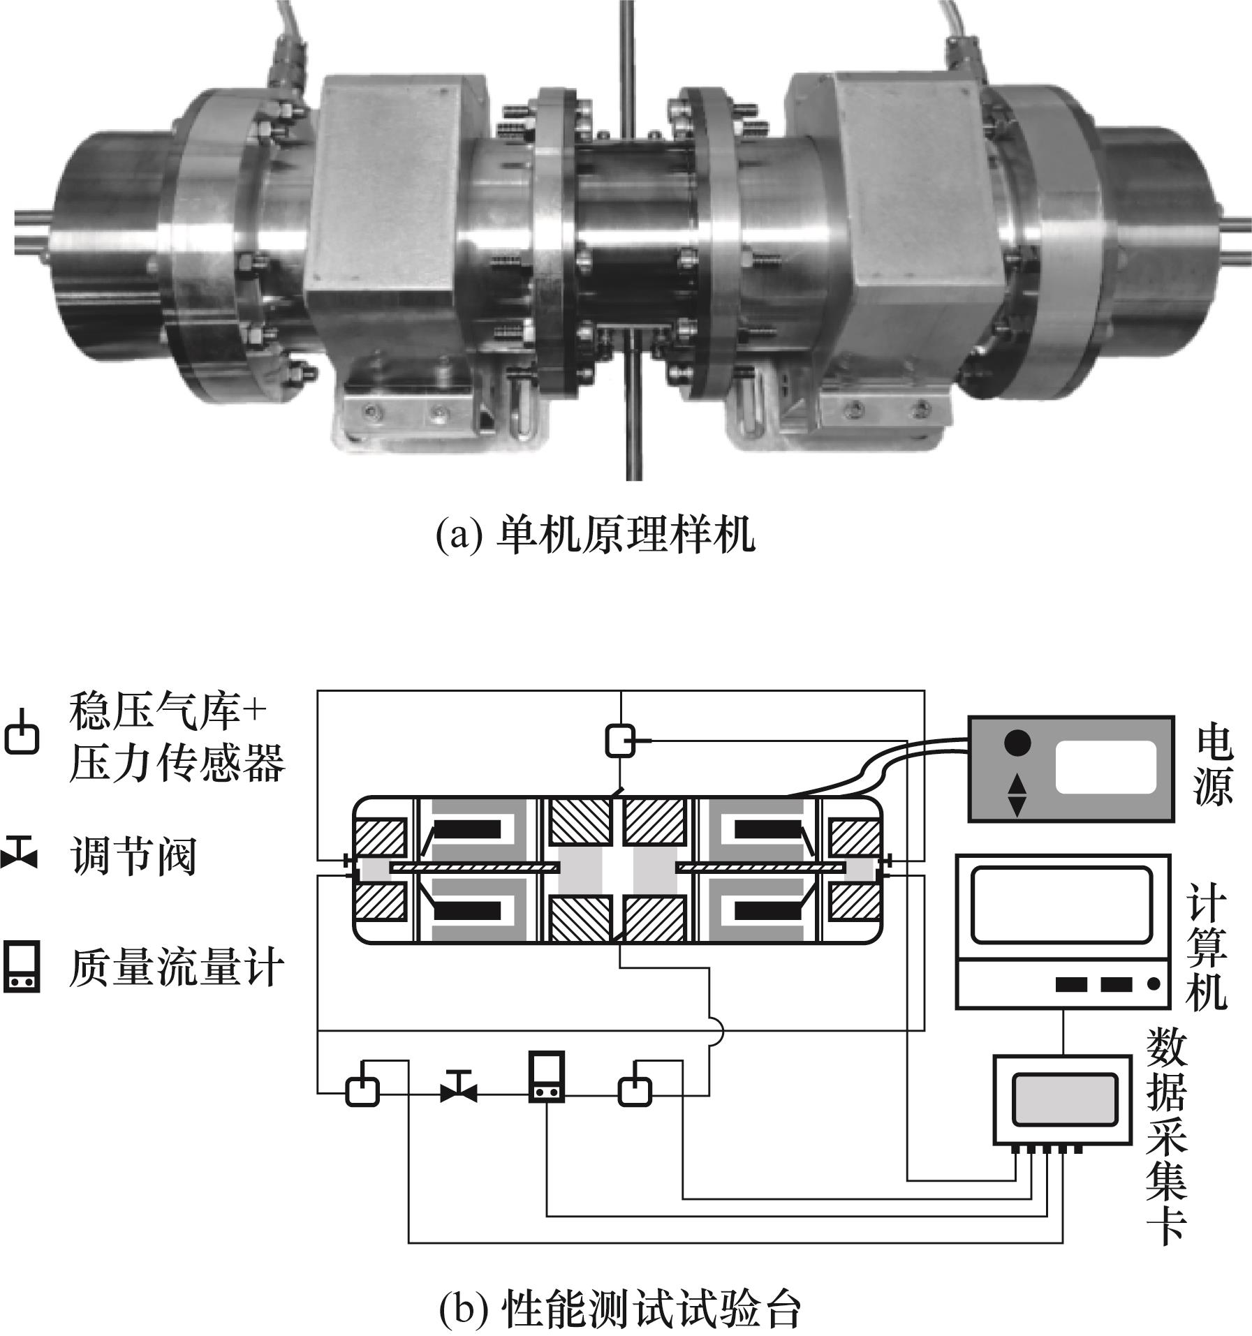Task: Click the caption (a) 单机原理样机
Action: [595, 536]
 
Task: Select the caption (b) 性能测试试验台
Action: [619, 1311]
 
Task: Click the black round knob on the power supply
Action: [1017, 743]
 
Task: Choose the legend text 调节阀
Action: [133, 858]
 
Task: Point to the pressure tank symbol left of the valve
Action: [362, 1088]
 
